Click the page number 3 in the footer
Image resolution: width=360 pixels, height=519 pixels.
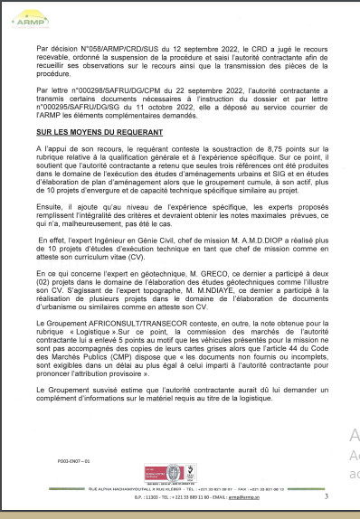[x=325, y=495]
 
